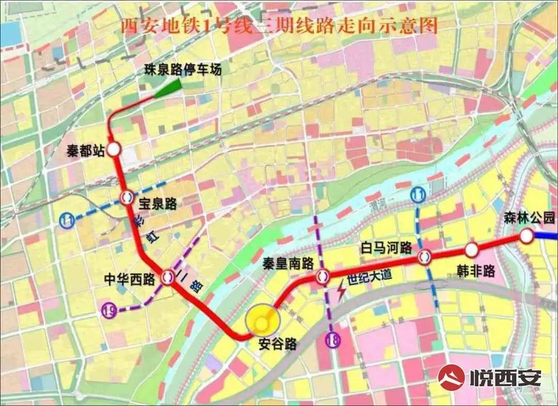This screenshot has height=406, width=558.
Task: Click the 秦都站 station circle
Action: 114,150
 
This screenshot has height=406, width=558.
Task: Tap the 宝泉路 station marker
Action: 127,197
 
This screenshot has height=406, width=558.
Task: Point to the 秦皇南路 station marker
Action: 323,277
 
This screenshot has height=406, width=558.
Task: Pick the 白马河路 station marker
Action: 425,256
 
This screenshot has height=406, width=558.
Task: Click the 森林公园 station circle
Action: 526,236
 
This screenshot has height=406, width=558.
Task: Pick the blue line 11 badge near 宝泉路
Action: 67,220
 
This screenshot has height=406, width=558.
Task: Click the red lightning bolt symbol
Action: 342,292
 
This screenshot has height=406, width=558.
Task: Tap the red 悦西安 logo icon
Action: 451,376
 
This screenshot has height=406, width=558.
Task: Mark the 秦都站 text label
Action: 86,151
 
